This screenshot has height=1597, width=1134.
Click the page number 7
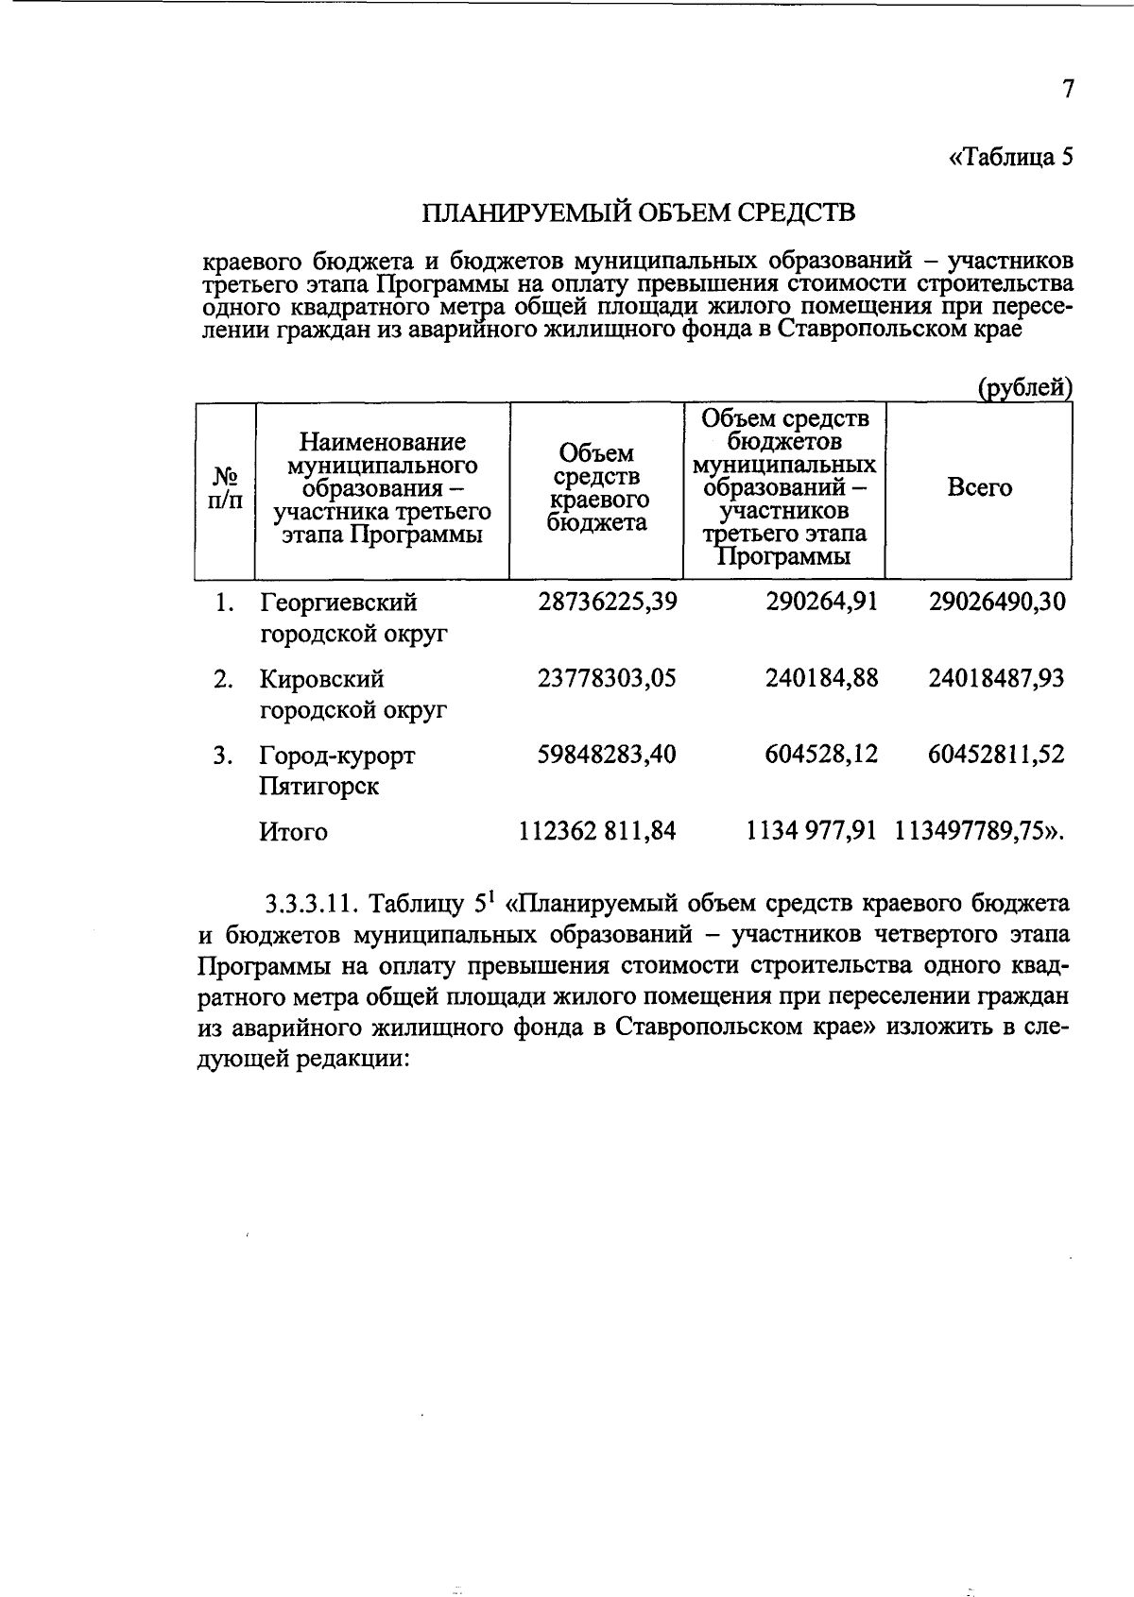1068,90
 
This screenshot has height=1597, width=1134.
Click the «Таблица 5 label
1010,157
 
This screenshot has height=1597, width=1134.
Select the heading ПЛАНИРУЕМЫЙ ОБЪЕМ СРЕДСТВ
638,212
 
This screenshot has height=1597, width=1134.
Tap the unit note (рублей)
1024,388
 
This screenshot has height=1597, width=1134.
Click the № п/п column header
224,488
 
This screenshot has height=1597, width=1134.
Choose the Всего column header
979,488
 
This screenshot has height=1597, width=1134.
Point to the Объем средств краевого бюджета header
597,488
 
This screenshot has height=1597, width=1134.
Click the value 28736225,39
608,602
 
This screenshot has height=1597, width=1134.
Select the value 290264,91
821,602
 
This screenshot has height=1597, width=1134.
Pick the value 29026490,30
997,602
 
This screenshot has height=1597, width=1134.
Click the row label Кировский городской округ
353,694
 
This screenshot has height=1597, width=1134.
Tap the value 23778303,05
607,678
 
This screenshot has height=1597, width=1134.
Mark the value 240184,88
821,678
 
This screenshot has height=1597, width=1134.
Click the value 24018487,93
996,678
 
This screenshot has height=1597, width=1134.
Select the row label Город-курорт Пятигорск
337,771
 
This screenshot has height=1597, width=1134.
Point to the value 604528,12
821,755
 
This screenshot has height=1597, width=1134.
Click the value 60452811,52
996,755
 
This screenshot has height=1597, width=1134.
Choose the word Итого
294,832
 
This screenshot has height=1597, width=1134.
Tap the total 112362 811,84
597,831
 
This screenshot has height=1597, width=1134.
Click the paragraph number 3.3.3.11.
311,904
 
